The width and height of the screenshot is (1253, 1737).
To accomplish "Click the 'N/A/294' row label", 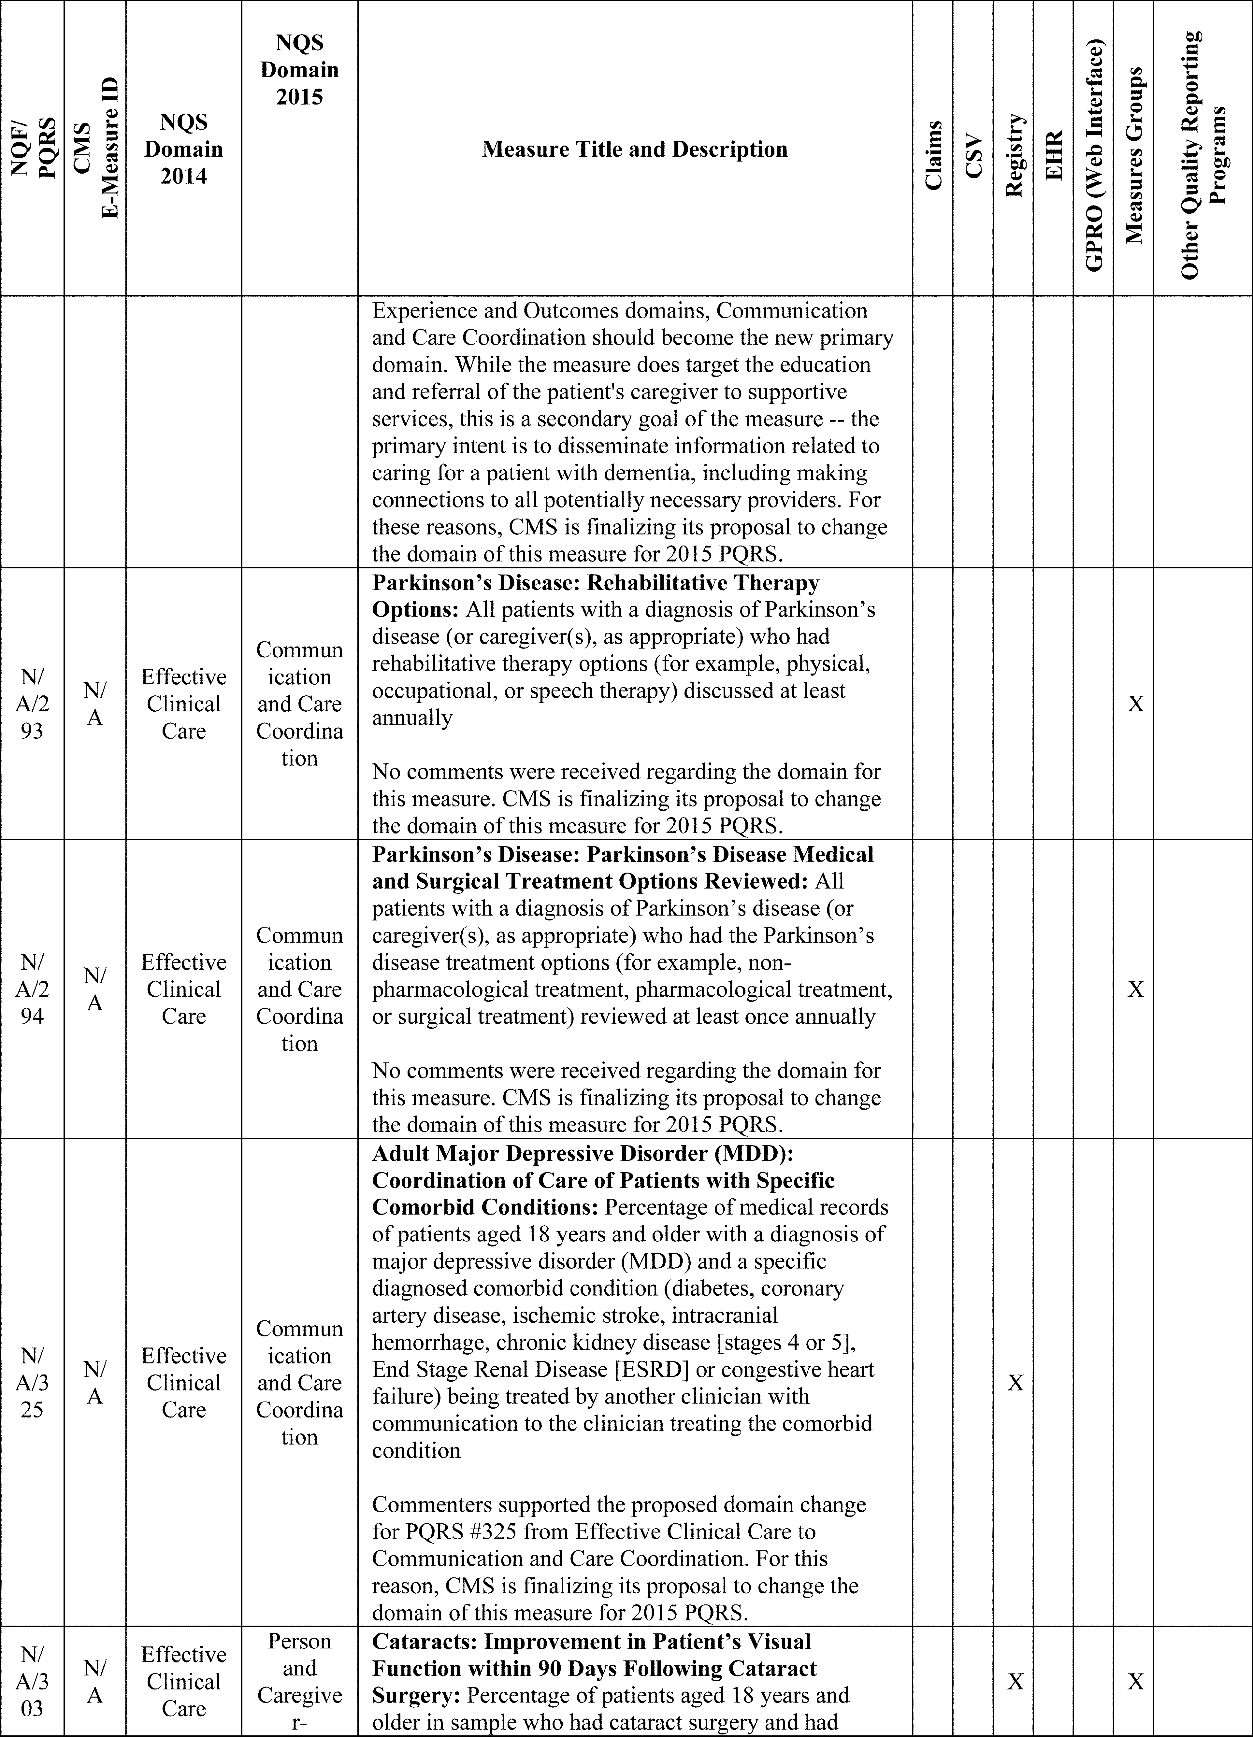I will (32, 989).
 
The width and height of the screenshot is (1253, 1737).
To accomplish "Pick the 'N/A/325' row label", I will (32, 1382).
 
